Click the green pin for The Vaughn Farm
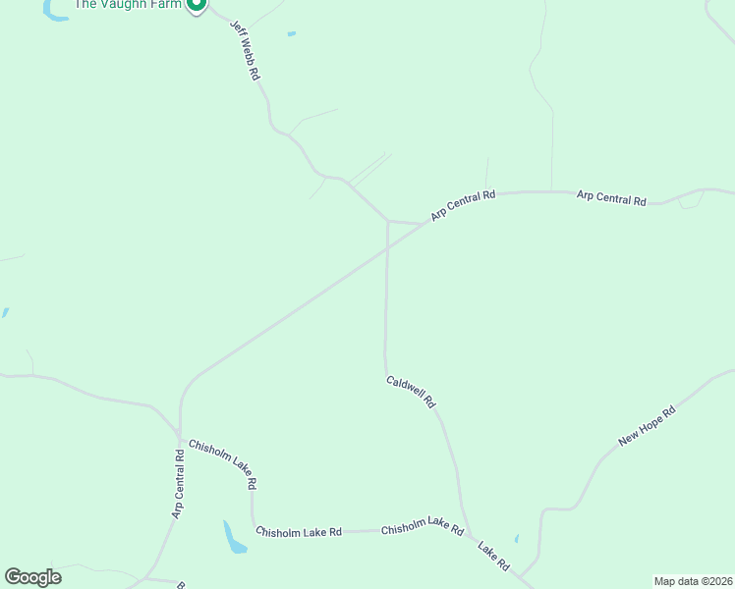196,5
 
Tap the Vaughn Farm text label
129,4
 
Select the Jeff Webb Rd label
245,51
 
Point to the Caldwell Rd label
411,393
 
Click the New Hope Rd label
648,427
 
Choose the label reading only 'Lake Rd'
493,556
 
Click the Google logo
32,577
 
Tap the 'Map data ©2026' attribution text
693,580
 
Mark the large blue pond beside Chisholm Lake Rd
234,537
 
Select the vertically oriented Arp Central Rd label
178,484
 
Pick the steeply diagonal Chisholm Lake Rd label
223,463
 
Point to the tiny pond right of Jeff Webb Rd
292,34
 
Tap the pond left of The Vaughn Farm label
55,12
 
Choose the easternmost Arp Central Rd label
611,198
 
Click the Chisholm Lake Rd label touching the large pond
298,532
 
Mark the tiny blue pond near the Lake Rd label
517,539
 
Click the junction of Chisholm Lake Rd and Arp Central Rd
180,434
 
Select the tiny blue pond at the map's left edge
5,313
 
